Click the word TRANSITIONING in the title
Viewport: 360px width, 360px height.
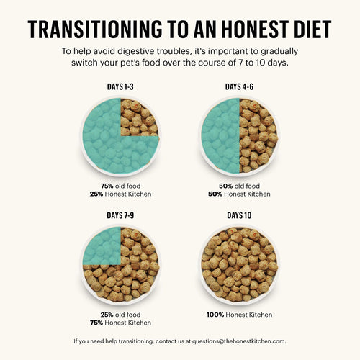[91, 30]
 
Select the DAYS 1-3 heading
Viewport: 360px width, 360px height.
[120, 87]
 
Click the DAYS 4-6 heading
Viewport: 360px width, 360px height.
[239, 87]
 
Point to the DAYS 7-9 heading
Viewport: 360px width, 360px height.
[120, 215]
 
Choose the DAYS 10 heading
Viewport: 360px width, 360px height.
[239, 215]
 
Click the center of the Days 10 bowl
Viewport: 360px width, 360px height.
[239, 264]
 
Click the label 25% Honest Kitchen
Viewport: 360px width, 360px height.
[120, 194]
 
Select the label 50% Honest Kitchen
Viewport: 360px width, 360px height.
[239, 194]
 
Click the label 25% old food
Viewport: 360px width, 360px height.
[120, 313]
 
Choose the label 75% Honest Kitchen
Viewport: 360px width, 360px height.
[120, 323]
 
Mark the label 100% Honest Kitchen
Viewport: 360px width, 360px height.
[239, 313]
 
